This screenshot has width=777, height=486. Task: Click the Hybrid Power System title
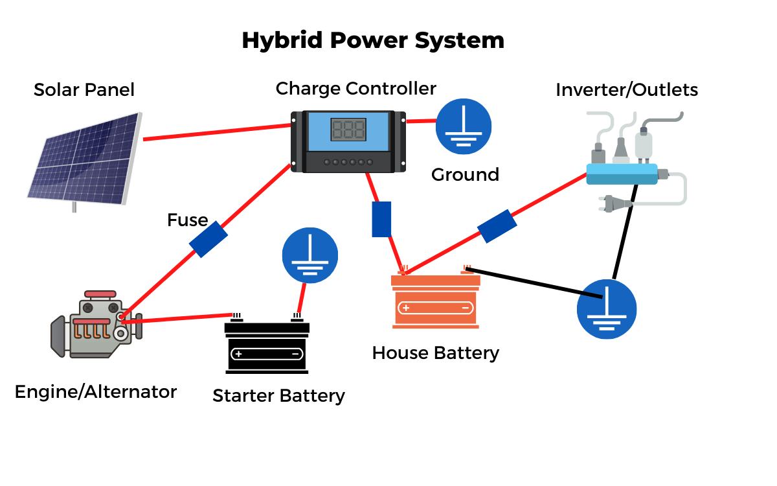[x=372, y=40]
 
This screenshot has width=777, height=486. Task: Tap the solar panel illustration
[x=84, y=159]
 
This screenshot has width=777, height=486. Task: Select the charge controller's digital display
[x=348, y=130]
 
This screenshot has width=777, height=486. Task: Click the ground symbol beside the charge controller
[x=464, y=126]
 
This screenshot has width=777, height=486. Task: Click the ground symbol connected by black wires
[x=607, y=309]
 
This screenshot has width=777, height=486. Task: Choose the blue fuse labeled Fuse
[x=208, y=239]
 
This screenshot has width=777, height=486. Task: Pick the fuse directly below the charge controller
[x=381, y=219]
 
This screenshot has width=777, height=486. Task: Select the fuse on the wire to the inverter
[x=497, y=226]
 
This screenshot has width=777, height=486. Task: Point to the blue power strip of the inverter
[x=622, y=174]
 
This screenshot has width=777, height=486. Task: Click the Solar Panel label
[x=84, y=89]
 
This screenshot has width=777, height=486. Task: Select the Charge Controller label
[x=356, y=88]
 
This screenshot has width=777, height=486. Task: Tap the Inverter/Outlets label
[x=627, y=89]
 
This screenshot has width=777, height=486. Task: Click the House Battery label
[x=436, y=353]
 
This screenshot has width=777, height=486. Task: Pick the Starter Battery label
[x=278, y=395]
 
